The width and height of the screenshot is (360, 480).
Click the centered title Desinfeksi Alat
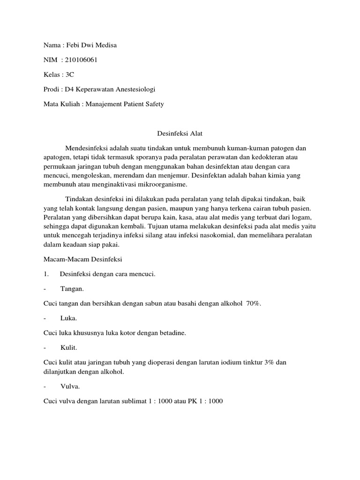180,133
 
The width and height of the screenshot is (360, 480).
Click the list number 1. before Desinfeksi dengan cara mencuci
46,274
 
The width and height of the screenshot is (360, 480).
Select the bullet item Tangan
72,289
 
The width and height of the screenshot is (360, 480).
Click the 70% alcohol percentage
253,303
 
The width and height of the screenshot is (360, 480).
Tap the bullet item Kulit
69,347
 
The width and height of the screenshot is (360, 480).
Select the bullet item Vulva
70,386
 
